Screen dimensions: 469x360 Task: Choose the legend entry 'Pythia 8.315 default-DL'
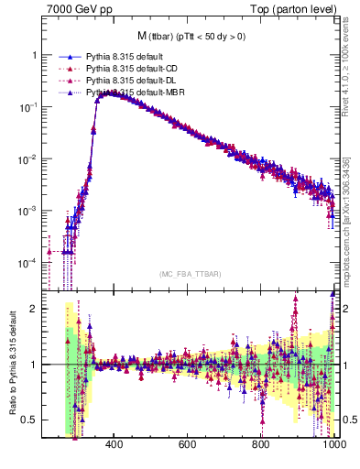click(131, 81)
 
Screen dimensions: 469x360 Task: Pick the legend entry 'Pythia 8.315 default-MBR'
click(134, 93)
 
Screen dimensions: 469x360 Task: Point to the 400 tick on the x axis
click(114, 446)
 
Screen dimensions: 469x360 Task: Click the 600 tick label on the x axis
click(187, 446)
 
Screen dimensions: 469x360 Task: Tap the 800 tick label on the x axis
click(261, 446)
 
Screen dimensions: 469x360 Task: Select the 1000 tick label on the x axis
click(333, 446)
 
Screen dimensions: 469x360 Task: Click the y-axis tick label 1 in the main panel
click(34, 55)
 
